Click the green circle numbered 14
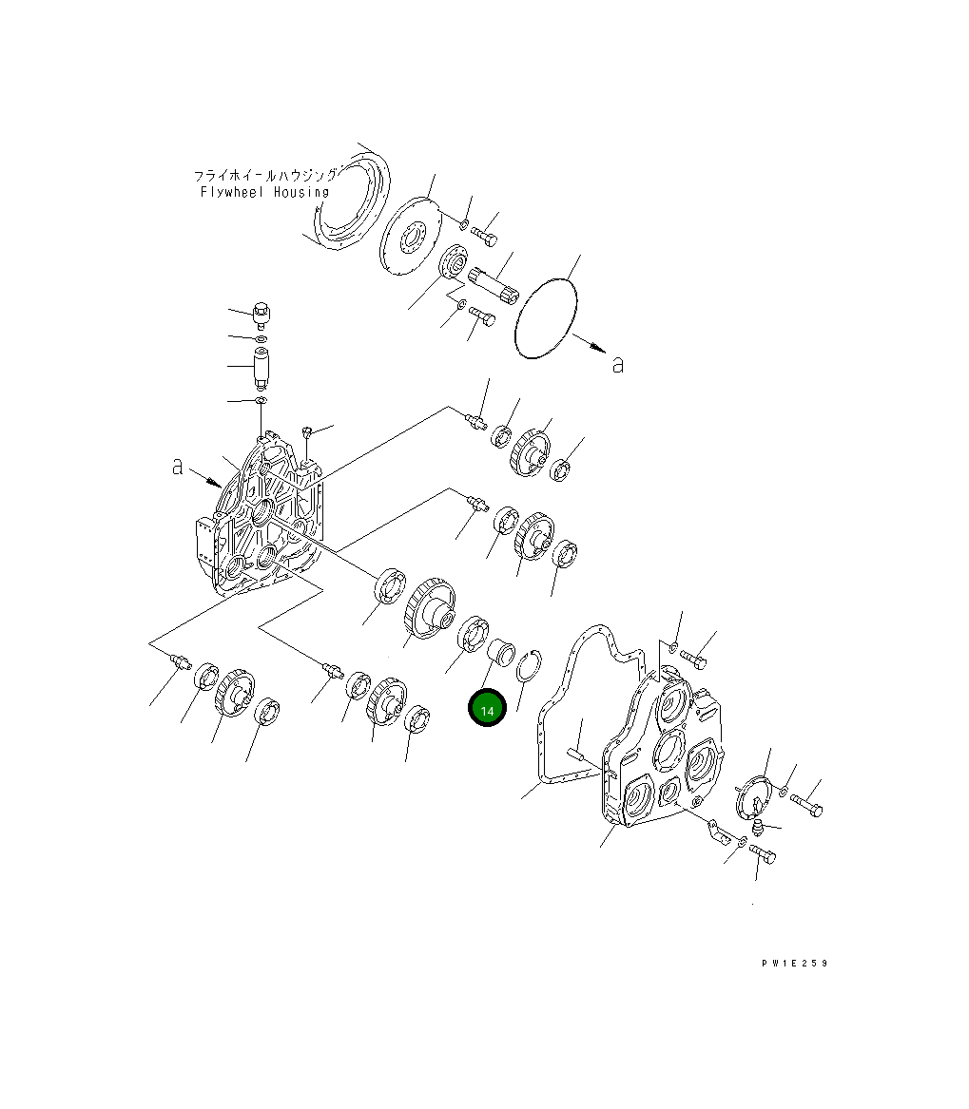point(487,708)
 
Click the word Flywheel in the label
point(232,192)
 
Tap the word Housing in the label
point(301,192)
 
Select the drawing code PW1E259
point(794,964)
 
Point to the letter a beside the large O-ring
point(618,365)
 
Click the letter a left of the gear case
point(177,466)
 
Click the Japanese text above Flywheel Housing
point(265,175)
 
